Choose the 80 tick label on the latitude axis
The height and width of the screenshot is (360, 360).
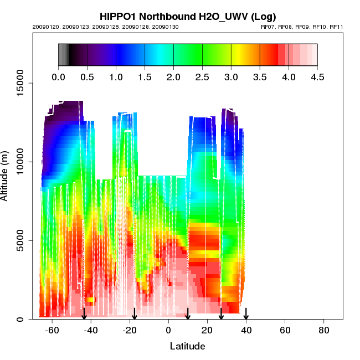(x=324, y=330)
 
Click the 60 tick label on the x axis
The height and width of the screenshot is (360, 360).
(x=285, y=330)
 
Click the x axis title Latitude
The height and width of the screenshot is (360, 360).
(x=187, y=346)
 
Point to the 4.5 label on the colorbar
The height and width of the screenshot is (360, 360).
(x=317, y=77)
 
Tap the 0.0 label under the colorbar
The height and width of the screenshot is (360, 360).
(x=58, y=77)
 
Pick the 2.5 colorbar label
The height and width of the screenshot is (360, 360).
(x=202, y=77)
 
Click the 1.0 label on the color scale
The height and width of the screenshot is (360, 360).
(x=116, y=77)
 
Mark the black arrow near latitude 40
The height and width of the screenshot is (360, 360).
(x=246, y=313)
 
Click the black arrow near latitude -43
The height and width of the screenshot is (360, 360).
(x=84, y=313)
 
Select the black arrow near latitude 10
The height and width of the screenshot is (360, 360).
(x=188, y=313)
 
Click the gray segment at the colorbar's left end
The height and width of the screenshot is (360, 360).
(x=63, y=55)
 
